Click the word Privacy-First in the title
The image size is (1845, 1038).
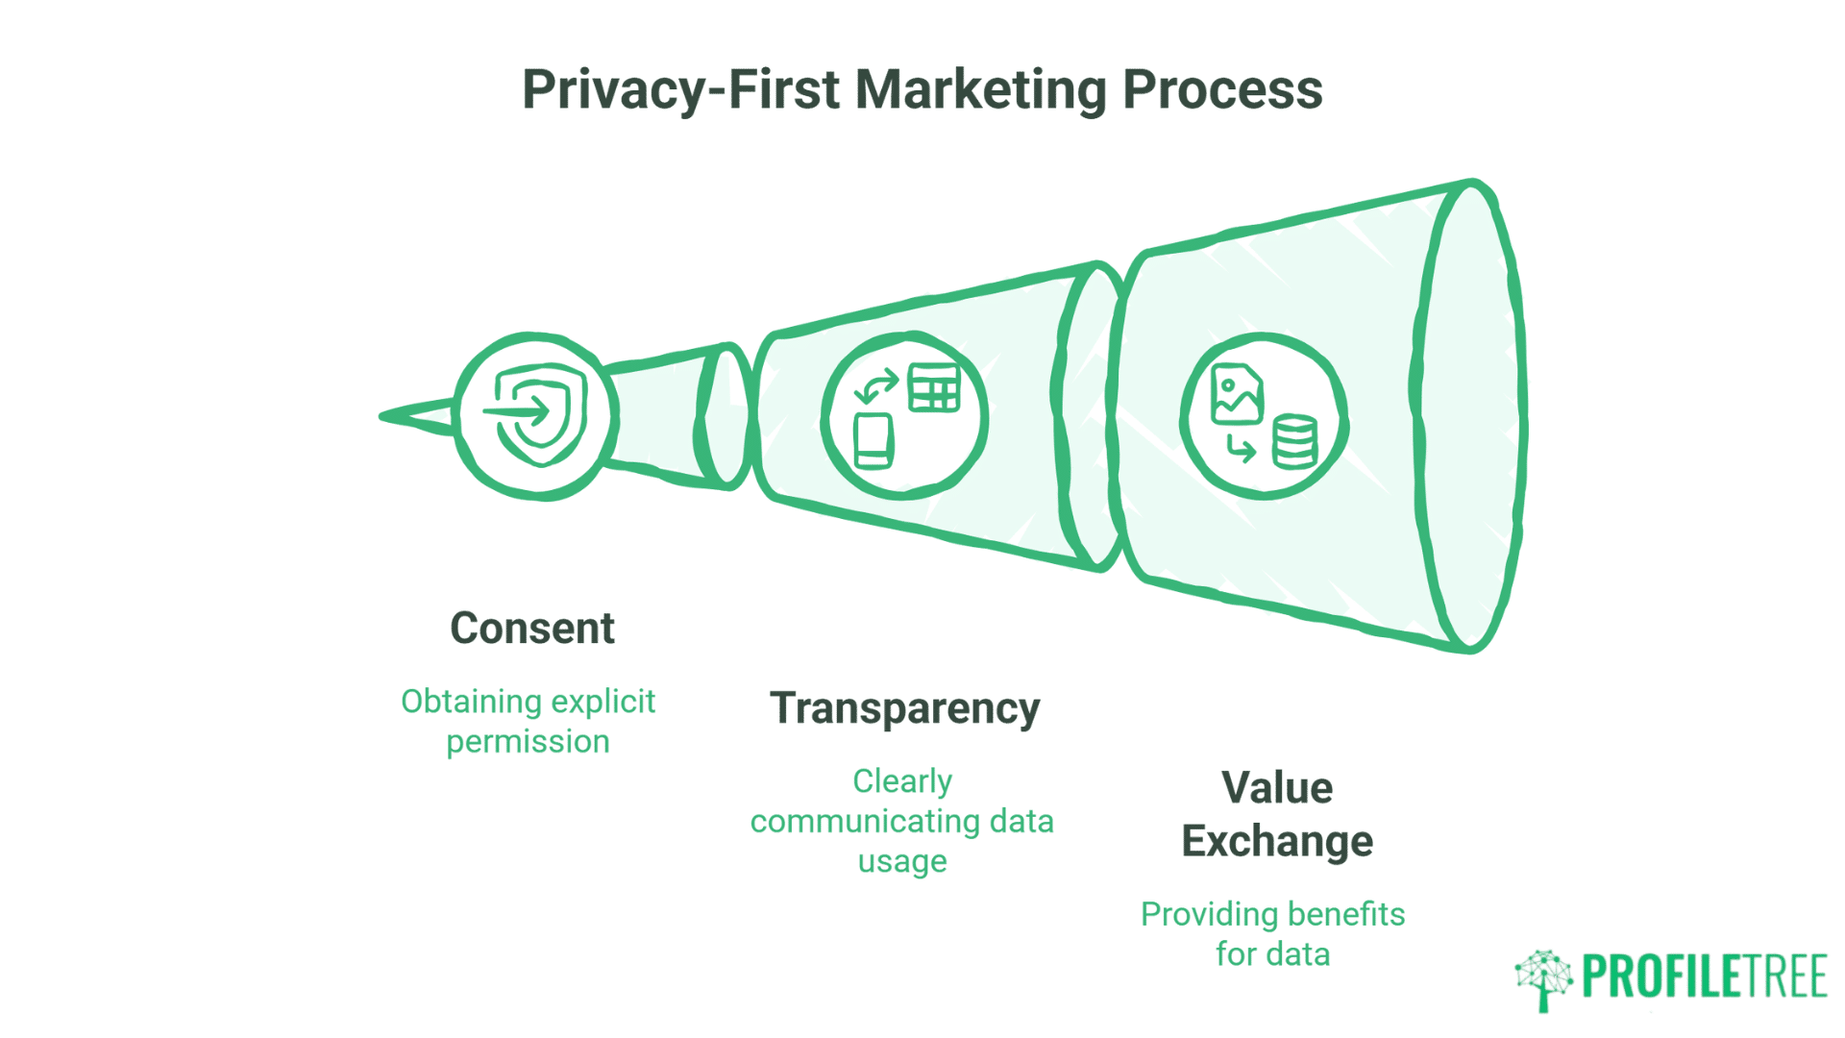(x=682, y=90)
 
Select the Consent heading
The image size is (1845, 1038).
(x=531, y=629)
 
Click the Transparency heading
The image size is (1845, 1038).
(x=904, y=709)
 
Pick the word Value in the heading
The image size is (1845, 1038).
(x=1277, y=788)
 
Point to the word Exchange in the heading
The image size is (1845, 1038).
(x=1277, y=841)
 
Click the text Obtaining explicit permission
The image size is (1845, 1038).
(x=528, y=721)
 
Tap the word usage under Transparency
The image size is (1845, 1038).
(x=902, y=861)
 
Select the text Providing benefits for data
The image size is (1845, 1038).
(x=1272, y=933)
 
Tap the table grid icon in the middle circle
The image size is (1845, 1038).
(x=933, y=388)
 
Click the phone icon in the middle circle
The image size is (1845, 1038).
(x=873, y=441)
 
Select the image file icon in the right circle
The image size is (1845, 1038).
(x=1237, y=394)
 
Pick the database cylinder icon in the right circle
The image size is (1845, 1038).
(x=1294, y=442)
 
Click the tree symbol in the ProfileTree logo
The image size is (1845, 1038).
(x=1543, y=978)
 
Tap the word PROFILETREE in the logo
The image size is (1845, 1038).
(x=1704, y=978)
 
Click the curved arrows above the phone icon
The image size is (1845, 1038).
(x=875, y=386)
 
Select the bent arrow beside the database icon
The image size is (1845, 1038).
(x=1241, y=448)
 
